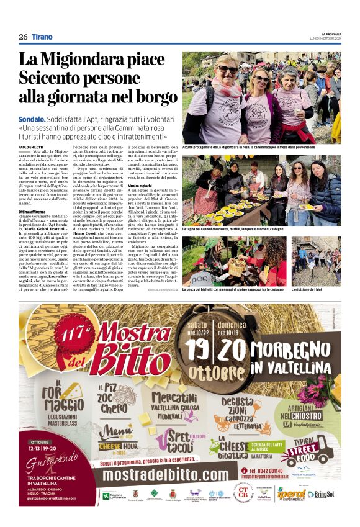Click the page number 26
[x=23, y=37]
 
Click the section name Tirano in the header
[x=42, y=37]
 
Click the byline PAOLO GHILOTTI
[x=31, y=147]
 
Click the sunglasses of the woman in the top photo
[x=227, y=69]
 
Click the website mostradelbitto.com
[x=169, y=475]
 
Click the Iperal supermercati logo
[x=290, y=493]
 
